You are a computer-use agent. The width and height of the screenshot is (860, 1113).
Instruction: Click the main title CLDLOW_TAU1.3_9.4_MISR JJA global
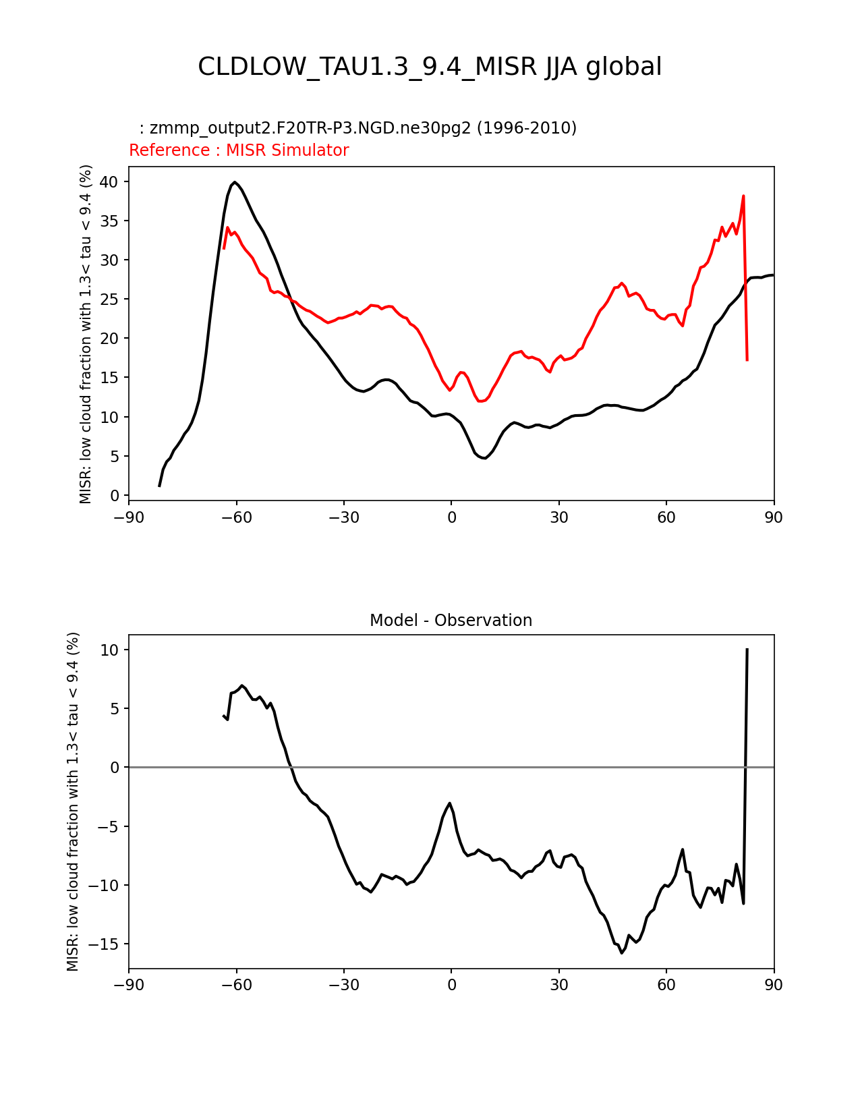(x=430, y=67)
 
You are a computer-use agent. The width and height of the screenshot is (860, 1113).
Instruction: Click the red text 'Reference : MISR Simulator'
(x=239, y=150)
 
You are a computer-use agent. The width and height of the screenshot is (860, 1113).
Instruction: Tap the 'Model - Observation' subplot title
(x=451, y=621)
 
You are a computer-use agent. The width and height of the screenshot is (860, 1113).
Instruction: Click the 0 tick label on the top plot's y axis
(x=115, y=496)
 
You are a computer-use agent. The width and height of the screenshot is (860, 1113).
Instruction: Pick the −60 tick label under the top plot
(x=236, y=517)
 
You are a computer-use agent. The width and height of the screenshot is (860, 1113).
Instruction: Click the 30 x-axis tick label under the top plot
(x=558, y=517)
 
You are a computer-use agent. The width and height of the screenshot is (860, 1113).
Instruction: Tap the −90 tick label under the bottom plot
(x=129, y=985)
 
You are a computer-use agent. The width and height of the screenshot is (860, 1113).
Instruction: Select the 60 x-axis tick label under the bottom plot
(x=666, y=985)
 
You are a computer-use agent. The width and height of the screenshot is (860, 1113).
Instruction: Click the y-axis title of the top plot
(x=86, y=334)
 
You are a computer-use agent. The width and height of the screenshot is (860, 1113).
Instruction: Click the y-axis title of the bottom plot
(x=73, y=801)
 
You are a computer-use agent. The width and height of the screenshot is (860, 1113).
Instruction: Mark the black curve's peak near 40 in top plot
(x=234, y=182)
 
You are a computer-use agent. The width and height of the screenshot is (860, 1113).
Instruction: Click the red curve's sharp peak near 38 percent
(x=743, y=196)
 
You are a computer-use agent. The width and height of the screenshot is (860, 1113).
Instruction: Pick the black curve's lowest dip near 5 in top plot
(x=484, y=458)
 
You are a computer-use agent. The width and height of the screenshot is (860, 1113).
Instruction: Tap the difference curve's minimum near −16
(x=622, y=952)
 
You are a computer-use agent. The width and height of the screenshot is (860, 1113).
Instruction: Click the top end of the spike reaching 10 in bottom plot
(x=747, y=649)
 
